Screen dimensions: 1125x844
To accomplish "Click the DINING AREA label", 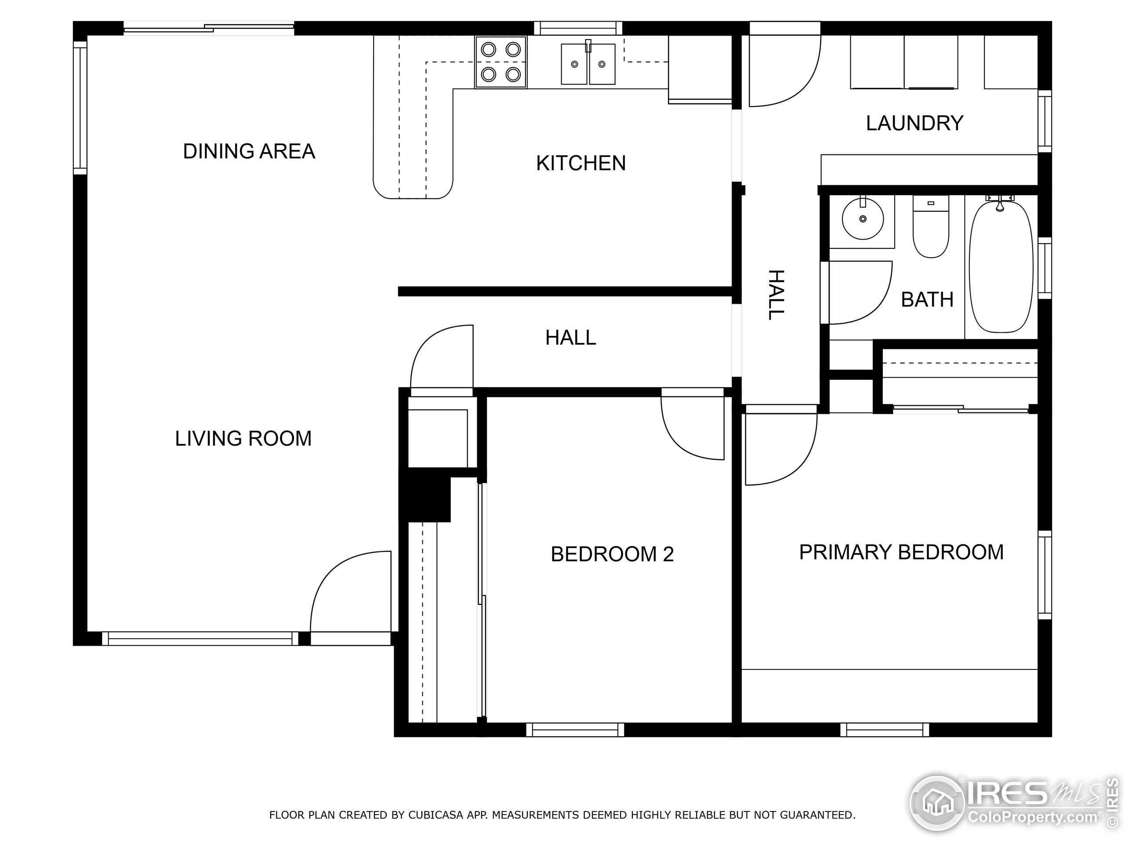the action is [249, 151].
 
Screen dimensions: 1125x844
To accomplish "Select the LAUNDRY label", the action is [915, 123].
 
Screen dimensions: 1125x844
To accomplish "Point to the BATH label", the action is [927, 300].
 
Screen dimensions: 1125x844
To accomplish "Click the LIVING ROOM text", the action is [243, 439].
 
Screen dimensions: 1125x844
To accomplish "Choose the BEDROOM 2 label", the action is [612, 554].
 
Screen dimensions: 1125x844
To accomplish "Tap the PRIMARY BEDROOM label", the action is [901, 552].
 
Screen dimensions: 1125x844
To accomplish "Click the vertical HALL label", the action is [776, 295].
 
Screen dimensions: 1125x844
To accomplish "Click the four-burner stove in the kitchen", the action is [501, 62].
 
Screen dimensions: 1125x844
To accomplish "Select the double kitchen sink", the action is [588, 64].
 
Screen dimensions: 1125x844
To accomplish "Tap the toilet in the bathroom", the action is [931, 227].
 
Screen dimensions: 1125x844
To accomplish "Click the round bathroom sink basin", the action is [863, 219].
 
